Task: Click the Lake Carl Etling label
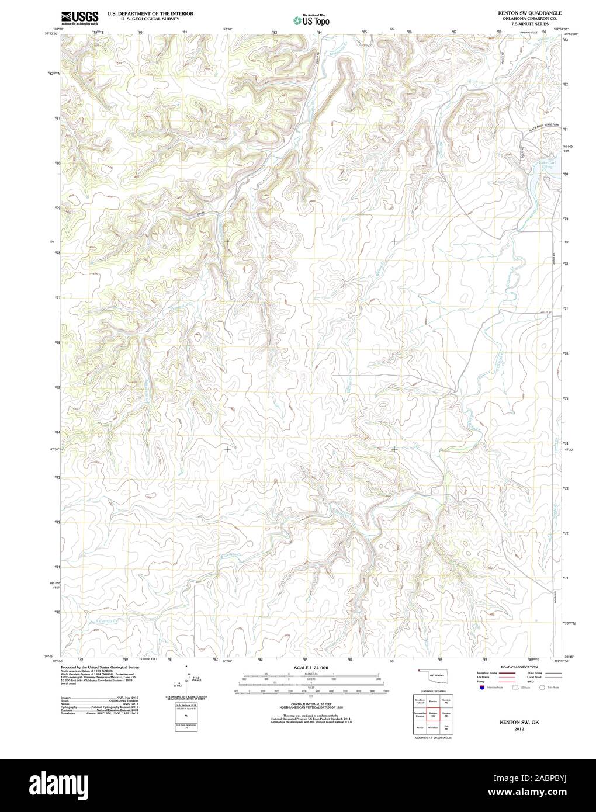545,165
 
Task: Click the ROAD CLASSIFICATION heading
517,667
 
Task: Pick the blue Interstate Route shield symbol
481,688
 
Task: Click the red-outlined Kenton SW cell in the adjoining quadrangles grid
433,714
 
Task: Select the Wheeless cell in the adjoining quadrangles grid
433,727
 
